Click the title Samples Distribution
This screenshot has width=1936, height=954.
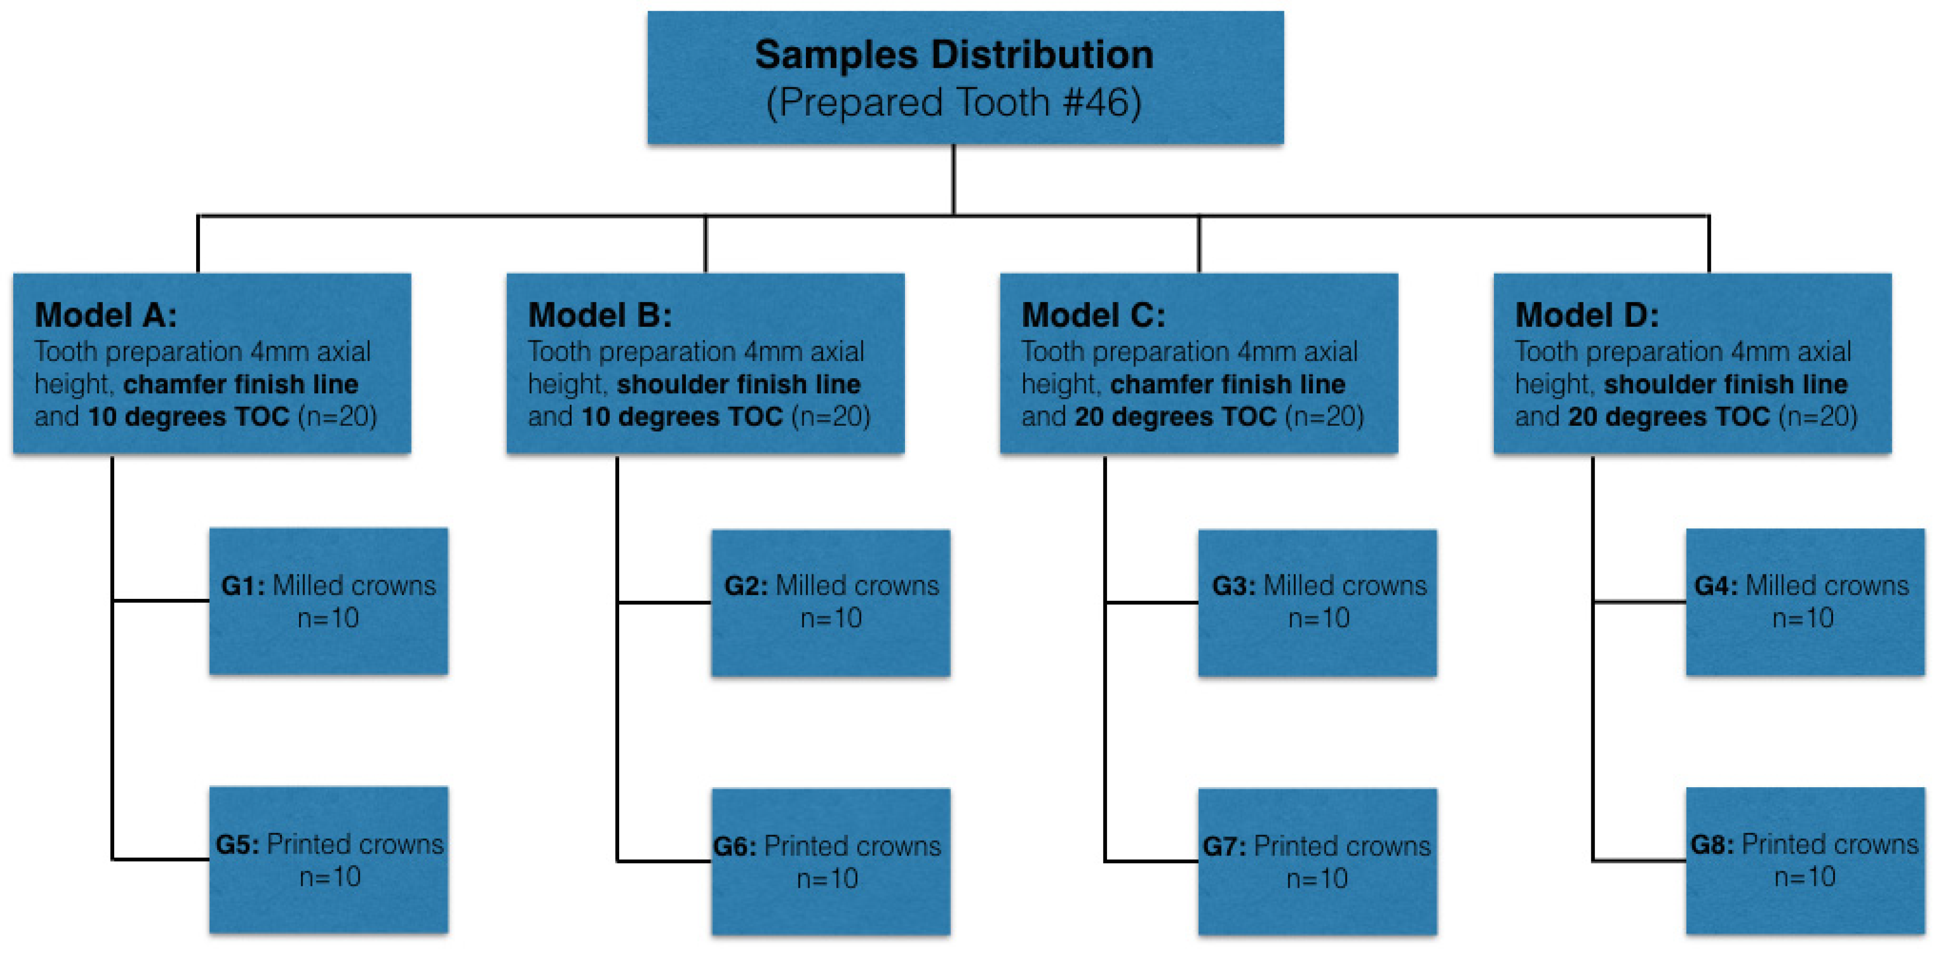click(954, 55)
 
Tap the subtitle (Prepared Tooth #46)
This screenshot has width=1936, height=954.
click(954, 102)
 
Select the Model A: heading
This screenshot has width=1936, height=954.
click(106, 315)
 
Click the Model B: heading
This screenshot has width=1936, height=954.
click(600, 315)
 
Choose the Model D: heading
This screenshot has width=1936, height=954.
click(1586, 315)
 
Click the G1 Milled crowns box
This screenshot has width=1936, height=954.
click(328, 601)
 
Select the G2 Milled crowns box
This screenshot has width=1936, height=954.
click(830, 602)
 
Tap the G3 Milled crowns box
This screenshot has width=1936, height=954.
click(1317, 602)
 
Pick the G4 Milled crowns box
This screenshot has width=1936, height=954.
click(1805, 601)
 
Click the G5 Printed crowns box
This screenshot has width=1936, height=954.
click(328, 859)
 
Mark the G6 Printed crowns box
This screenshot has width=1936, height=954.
click(830, 861)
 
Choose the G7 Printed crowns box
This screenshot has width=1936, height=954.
click(1317, 861)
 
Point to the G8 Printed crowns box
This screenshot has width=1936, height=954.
click(1805, 860)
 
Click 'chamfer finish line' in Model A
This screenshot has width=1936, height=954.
click(241, 384)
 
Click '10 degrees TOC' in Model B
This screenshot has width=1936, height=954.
click(681, 416)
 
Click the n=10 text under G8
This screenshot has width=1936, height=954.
click(1805, 877)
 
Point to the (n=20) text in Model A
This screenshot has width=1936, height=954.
click(337, 416)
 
